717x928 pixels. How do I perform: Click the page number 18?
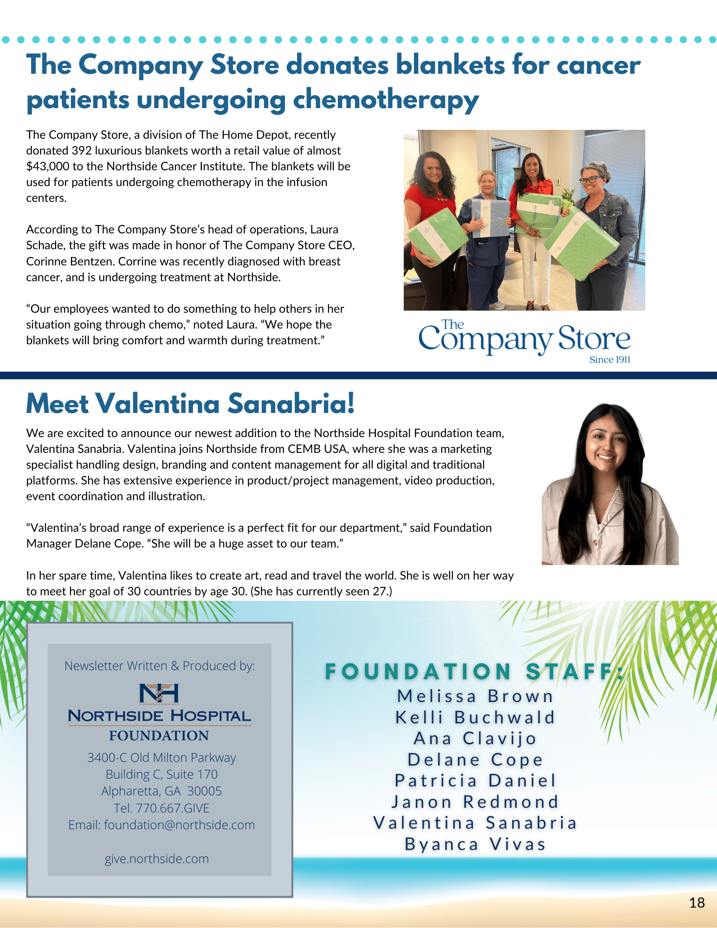pyautogui.click(x=697, y=902)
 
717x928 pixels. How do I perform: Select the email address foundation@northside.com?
pyautogui.click(x=179, y=825)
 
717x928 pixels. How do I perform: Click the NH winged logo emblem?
pyautogui.click(x=159, y=693)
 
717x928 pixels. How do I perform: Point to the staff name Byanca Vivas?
pyautogui.click(x=475, y=844)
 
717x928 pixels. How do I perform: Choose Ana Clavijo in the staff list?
pyautogui.click(x=475, y=738)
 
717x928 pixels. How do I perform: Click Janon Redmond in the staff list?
pyautogui.click(x=475, y=802)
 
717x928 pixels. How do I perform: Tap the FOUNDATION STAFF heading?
pyautogui.click(x=473, y=672)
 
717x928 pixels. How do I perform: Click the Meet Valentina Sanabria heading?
pyautogui.click(x=190, y=403)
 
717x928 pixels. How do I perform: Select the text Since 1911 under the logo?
pyautogui.click(x=609, y=360)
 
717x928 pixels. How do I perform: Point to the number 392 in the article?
pyautogui.click(x=81, y=150)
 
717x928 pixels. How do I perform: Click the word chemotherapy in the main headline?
pyautogui.click(x=386, y=99)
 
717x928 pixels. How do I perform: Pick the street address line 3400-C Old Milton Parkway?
pyautogui.click(x=161, y=757)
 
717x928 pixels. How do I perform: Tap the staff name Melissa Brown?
pyautogui.click(x=475, y=696)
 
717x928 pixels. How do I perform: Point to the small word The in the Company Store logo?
pyautogui.click(x=452, y=324)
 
